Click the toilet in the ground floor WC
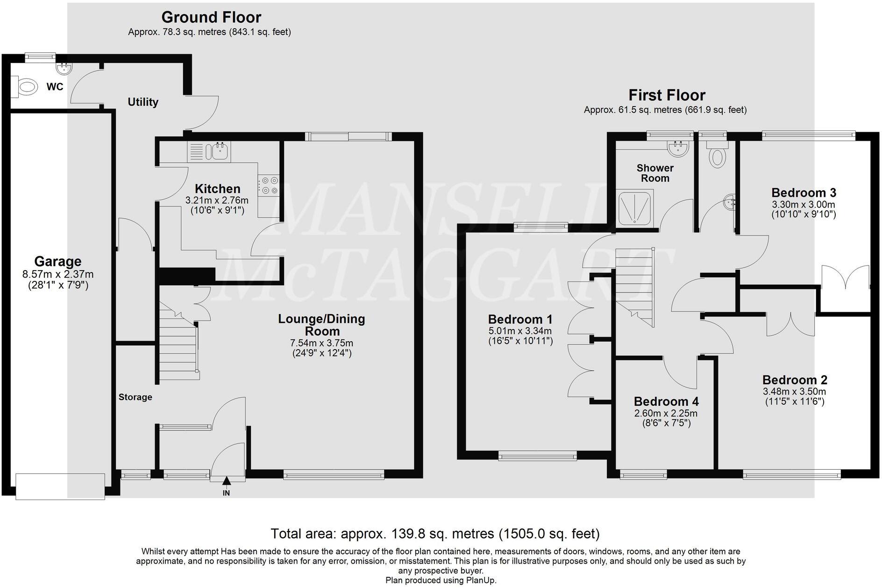click(27, 87)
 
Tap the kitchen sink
click(219, 151)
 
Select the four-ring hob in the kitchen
click(269, 185)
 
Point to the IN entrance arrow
click(227, 481)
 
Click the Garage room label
click(58, 261)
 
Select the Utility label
click(143, 102)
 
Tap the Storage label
click(135, 397)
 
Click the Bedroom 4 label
click(666, 402)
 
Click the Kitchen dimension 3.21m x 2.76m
click(217, 200)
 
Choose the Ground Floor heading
click(211, 17)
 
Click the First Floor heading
click(667, 95)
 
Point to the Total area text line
click(435, 533)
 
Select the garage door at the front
click(60, 486)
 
